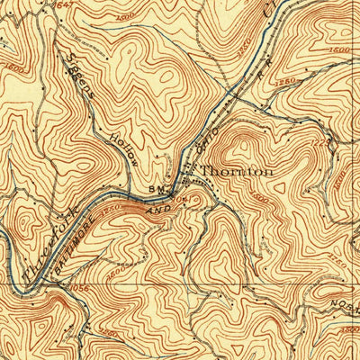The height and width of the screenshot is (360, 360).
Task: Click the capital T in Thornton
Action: coord(205,171)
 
